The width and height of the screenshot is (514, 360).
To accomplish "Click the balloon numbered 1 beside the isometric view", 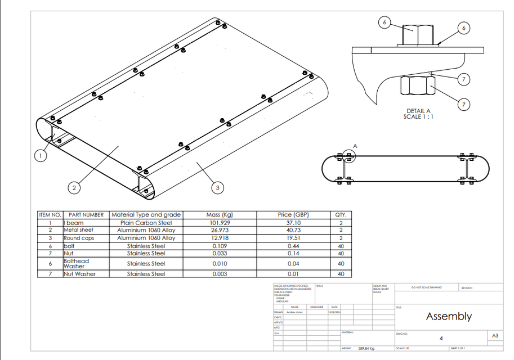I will (41, 156).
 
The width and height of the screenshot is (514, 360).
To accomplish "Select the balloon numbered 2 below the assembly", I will (73, 188).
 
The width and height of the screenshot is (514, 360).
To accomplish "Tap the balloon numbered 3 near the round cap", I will (218, 188).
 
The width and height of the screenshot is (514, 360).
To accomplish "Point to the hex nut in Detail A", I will (417, 87).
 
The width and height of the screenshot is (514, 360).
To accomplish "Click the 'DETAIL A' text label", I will (418, 111).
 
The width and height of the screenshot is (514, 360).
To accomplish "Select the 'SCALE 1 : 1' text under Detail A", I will (418, 117).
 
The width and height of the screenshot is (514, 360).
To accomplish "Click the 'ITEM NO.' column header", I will (50, 215).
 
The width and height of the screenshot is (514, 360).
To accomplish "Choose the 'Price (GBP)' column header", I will (293, 215).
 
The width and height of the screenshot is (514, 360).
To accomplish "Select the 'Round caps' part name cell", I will (79, 238).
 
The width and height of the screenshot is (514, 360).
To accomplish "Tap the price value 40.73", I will (293, 230).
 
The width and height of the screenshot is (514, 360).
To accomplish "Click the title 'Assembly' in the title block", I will (449, 316).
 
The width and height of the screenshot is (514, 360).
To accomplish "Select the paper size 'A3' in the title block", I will (495, 336).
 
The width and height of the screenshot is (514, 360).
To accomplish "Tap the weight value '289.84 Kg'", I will (366, 349).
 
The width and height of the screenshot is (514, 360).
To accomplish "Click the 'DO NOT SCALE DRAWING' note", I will (426, 288).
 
